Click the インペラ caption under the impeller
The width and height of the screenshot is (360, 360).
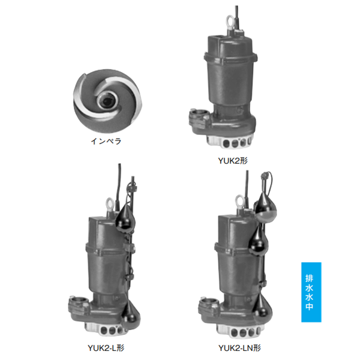pos(106,141)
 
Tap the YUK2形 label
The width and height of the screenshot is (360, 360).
pos(233,161)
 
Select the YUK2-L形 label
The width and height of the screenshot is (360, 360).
pos(106,348)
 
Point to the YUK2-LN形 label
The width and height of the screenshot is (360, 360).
pos(239,348)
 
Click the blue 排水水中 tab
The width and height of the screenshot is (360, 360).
pos(311,292)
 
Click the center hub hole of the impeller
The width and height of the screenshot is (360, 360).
pos(107,100)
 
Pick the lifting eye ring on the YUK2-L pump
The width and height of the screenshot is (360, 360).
pos(110,205)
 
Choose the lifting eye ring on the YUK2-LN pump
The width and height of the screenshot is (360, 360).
pos(240,202)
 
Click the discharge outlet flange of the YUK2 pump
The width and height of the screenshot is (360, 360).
pos(199,118)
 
